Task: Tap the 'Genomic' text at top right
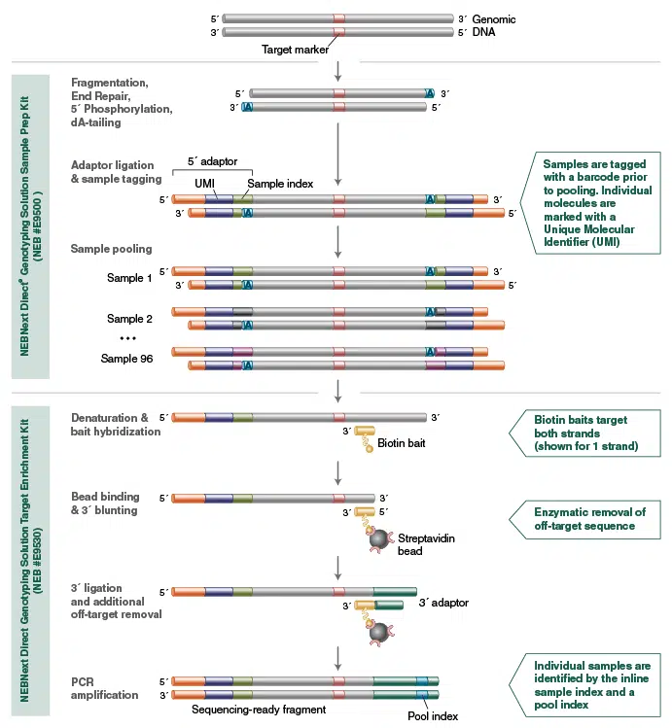(494, 18)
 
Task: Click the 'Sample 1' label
(129, 279)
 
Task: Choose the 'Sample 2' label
(129, 318)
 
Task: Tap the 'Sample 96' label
(127, 358)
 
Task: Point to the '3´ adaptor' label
(443, 603)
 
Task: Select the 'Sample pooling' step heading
(111, 249)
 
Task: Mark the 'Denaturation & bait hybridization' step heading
(115, 424)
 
